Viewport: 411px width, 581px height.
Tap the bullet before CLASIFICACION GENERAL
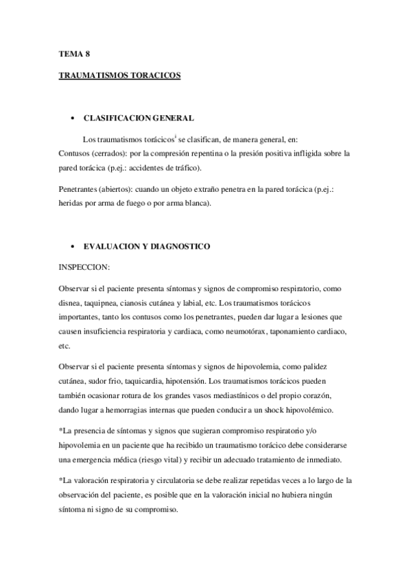point(72,118)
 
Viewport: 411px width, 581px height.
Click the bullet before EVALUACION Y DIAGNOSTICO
point(72,245)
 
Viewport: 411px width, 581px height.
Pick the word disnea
point(71,302)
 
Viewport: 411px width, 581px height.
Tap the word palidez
point(325,365)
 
